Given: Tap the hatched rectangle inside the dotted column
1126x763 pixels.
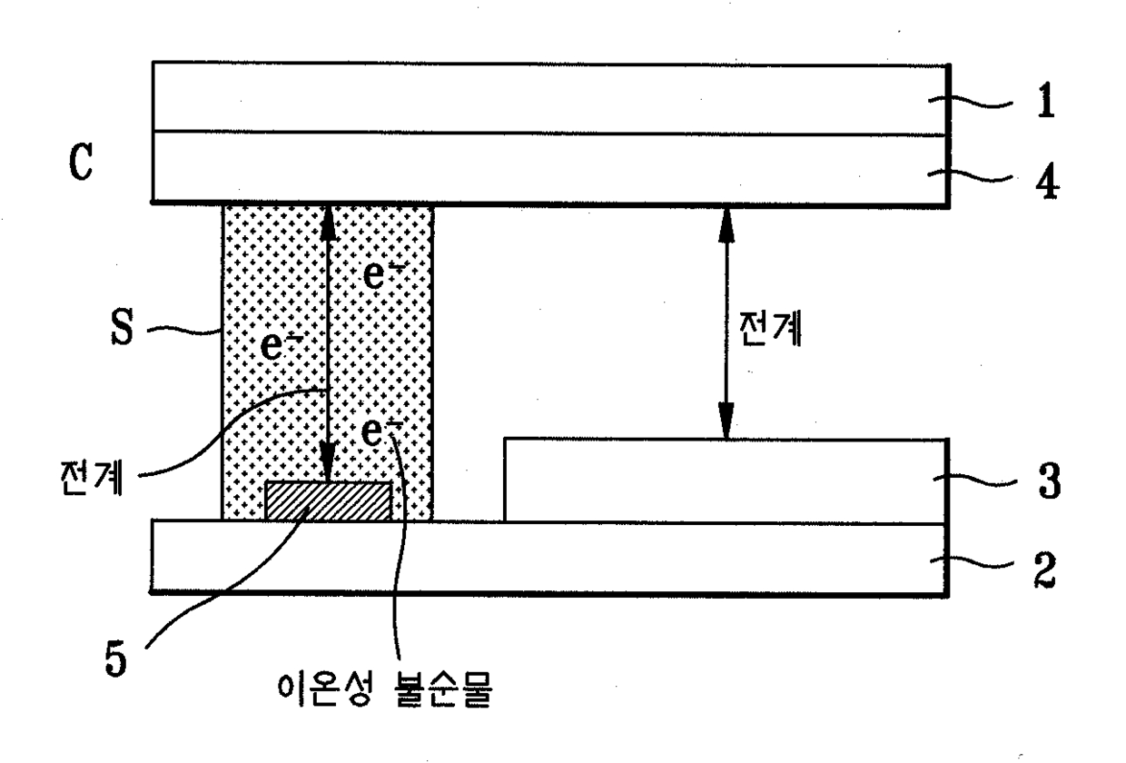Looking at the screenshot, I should (329, 500).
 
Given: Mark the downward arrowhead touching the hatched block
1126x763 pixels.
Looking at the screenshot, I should (329, 468).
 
